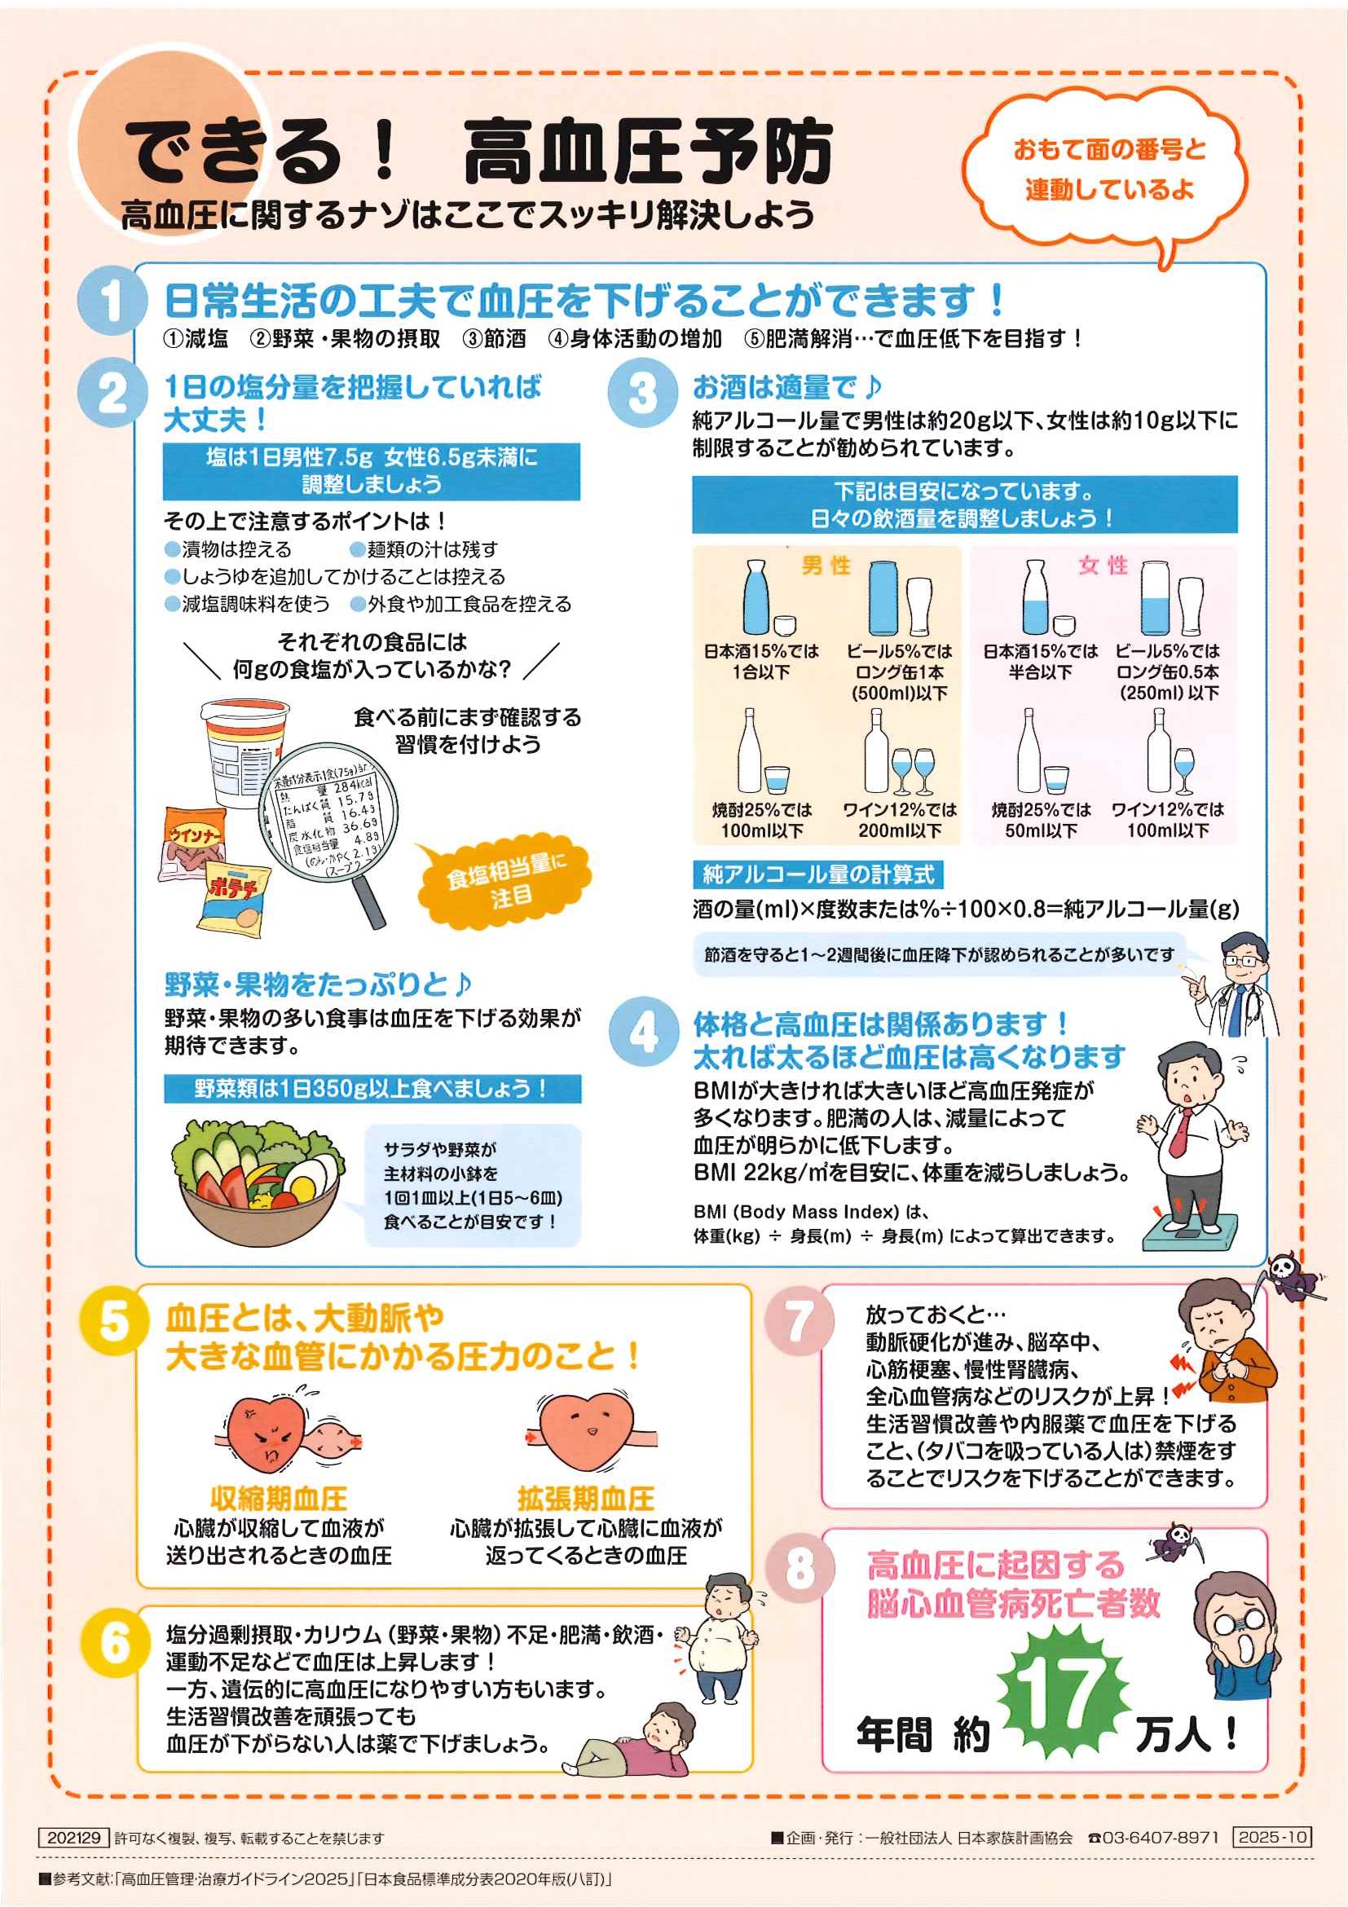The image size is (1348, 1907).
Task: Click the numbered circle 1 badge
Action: coord(112,300)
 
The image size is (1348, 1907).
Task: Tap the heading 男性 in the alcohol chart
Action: coord(826,566)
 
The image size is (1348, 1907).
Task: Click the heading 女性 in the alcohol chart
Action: coord(1104,566)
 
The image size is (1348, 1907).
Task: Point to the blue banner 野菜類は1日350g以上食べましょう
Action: coord(372,1088)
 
